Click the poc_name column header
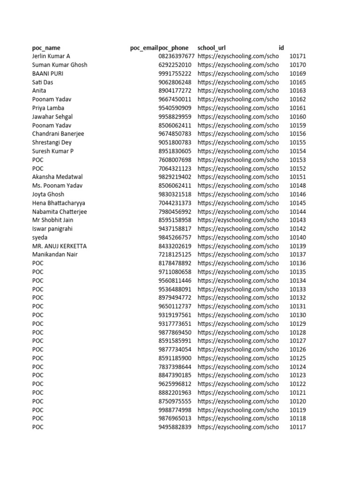[x=46, y=48]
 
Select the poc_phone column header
[x=174, y=48]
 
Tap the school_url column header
[x=212, y=48]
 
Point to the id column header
[x=281, y=48]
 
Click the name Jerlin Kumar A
[x=51, y=56]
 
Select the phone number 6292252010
[x=175, y=65]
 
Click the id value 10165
[x=298, y=82]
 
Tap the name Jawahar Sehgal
[x=52, y=117]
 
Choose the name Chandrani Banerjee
[x=58, y=134]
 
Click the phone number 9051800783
[x=175, y=142]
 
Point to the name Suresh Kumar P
[x=53, y=151]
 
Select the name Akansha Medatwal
[x=57, y=177]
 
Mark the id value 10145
[x=298, y=203]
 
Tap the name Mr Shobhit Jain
[x=53, y=220]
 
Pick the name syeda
[x=40, y=238]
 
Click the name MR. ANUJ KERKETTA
[x=60, y=246]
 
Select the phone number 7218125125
[x=175, y=255]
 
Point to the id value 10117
[x=298, y=427]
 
